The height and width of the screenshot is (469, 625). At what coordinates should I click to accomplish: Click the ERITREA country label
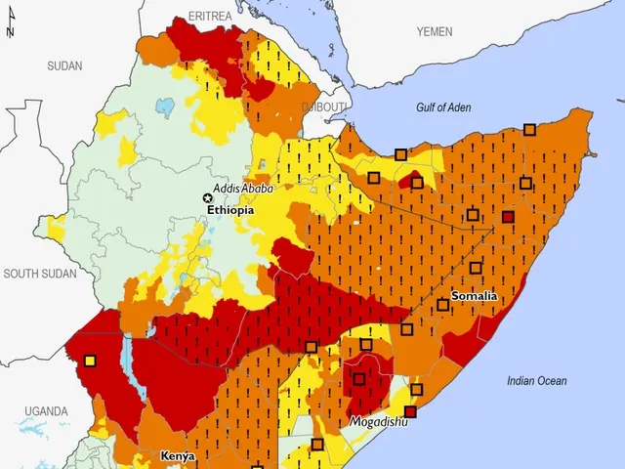pyautogui.click(x=212, y=16)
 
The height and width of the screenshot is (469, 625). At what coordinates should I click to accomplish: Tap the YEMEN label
pyautogui.click(x=435, y=32)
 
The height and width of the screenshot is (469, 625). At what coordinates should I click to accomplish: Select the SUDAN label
pyautogui.click(x=64, y=65)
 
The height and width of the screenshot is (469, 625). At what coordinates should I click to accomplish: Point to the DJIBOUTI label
pyautogui.click(x=323, y=106)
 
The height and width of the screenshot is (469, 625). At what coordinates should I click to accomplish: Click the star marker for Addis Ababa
pyautogui.click(x=207, y=196)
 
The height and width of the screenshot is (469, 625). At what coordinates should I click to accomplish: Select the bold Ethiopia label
pyautogui.click(x=230, y=209)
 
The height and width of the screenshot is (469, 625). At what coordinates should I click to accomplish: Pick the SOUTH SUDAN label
pyautogui.click(x=39, y=274)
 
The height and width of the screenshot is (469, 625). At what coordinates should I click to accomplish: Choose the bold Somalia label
pyautogui.click(x=475, y=296)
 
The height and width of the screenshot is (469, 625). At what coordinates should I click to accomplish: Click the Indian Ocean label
pyautogui.click(x=536, y=381)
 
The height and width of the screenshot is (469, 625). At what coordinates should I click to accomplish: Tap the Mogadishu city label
pyautogui.click(x=379, y=422)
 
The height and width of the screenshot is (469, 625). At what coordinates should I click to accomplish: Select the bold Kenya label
pyautogui.click(x=178, y=456)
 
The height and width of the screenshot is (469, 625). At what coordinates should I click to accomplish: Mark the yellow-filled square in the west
pyautogui.click(x=90, y=361)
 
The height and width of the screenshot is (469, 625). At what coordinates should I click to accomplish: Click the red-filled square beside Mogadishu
pyautogui.click(x=410, y=411)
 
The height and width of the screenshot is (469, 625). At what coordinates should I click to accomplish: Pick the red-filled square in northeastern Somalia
pyautogui.click(x=508, y=216)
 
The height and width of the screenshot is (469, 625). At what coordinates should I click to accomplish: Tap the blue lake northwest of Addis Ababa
pyautogui.click(x=166, y=104)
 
